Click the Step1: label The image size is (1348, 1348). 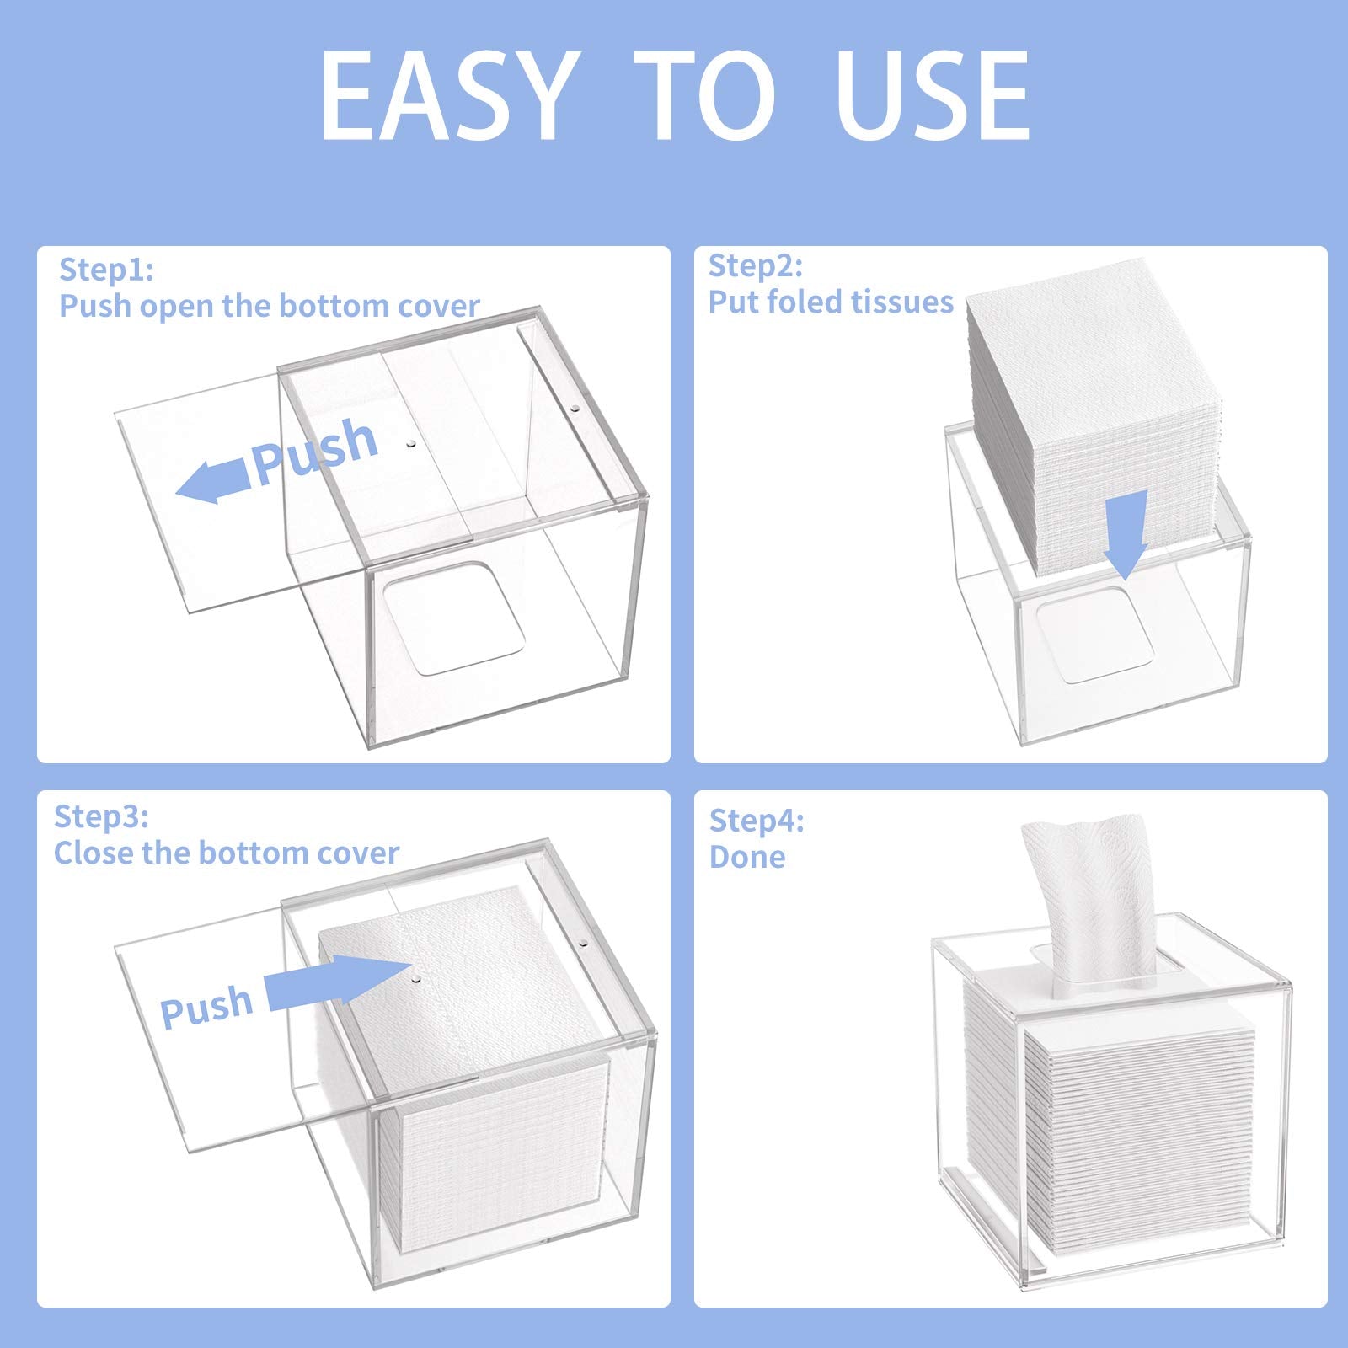(106, 270)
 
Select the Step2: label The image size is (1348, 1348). (756, 265)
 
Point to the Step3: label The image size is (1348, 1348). (101, 816)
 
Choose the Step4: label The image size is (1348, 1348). (757, 820)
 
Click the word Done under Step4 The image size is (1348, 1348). (747, 857)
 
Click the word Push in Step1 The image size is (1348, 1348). (315, 451)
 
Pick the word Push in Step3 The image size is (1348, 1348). (206, 1006)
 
